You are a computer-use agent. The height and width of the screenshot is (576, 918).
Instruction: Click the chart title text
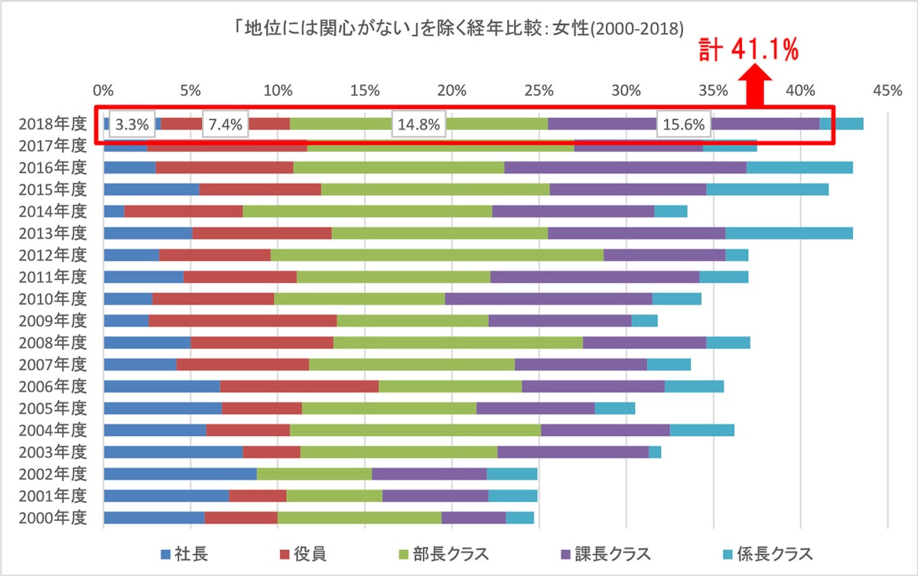(458, 29)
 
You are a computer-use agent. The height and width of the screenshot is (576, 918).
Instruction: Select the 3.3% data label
(131, 125)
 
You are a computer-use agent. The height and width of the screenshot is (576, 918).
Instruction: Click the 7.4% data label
(226, 125)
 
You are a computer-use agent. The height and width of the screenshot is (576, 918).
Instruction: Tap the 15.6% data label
(683, 125)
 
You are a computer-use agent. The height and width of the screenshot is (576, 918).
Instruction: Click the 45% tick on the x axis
(887, 91)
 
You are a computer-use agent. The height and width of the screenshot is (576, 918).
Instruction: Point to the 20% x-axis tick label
(451, 91)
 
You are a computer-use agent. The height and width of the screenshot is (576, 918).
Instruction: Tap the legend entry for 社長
(184, 554)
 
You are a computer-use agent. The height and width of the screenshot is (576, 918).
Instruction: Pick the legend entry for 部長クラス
(444, 554)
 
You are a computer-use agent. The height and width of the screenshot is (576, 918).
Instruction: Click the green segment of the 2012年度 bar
(437, 255)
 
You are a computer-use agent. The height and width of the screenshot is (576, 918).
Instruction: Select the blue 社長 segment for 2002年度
(180, 473)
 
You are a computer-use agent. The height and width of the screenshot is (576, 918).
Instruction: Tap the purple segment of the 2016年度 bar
(625, 168)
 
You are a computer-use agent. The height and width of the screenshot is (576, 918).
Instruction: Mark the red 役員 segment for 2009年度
(243, 320)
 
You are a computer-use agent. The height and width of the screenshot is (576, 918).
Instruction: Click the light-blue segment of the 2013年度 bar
(789, 233)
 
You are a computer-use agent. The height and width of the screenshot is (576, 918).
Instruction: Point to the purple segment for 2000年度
(474, 518)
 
